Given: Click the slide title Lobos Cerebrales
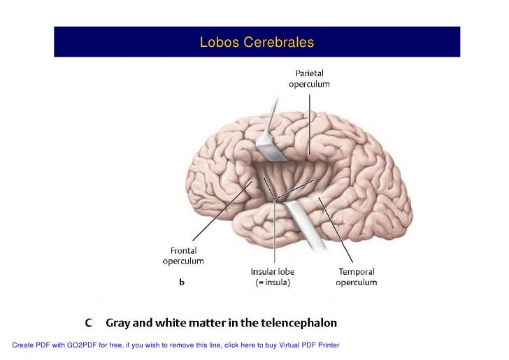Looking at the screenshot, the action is pos(257,43).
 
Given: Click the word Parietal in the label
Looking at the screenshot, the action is pos(309,72).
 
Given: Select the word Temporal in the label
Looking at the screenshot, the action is pos(357,272).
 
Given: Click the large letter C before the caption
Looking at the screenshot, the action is pos(89,323).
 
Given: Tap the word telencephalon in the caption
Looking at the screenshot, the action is pos(301,323).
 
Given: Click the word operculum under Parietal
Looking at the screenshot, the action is pos(309,83).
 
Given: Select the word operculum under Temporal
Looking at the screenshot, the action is pos(357,283).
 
